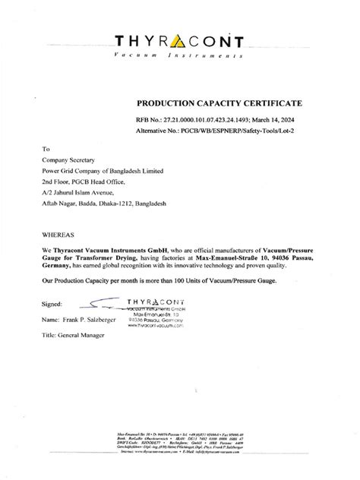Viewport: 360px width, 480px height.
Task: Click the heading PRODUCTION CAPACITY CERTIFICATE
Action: [219, 102]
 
